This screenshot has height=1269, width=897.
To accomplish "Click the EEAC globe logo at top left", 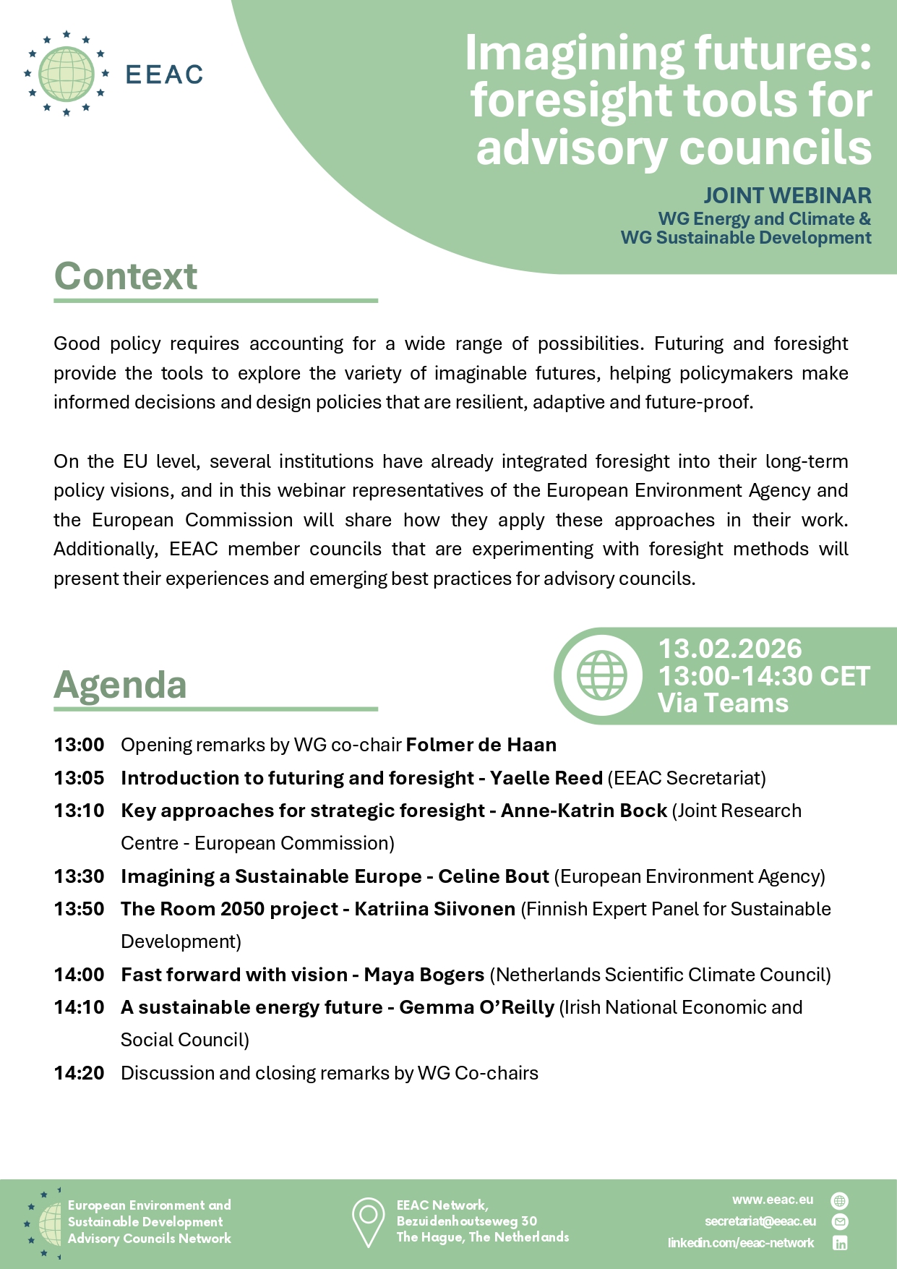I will (x=66, y=74).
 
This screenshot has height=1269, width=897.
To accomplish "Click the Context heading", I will (x=126, y=276).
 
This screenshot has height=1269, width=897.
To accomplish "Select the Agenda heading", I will (x=121, y=685).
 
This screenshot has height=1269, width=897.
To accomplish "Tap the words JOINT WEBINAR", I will (x=787, y=196).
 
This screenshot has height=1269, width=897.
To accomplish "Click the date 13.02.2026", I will (x=730, y=649).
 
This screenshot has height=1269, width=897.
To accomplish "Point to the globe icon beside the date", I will (x=601, y=675).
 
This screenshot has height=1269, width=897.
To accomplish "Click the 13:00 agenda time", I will (x=79, y=745).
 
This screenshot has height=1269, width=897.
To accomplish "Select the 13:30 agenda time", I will (x=79, y=876).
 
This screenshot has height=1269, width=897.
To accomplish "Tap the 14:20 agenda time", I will (x=79, y=1073).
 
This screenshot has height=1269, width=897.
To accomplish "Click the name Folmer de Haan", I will (x=481, y=745).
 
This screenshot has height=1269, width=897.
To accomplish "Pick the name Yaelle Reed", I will (x=546, y=778).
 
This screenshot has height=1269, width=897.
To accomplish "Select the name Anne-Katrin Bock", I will (x=584, y=811).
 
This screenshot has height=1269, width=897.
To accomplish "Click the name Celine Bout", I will (x=494, y=876).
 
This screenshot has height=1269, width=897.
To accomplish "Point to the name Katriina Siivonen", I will (x=435, y=909).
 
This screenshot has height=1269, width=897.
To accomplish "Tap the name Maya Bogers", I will (x=424, y=975).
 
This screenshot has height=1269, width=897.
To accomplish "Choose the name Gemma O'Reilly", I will (x=477, y=1007).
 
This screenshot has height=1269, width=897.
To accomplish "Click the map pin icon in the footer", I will (x=368, y=1222).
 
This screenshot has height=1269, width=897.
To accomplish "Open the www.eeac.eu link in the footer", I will (x=773, y=1200).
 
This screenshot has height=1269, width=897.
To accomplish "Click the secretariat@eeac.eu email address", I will (x=760, y=1221).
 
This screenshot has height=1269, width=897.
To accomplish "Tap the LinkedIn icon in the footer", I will (x=840, y=1243).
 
